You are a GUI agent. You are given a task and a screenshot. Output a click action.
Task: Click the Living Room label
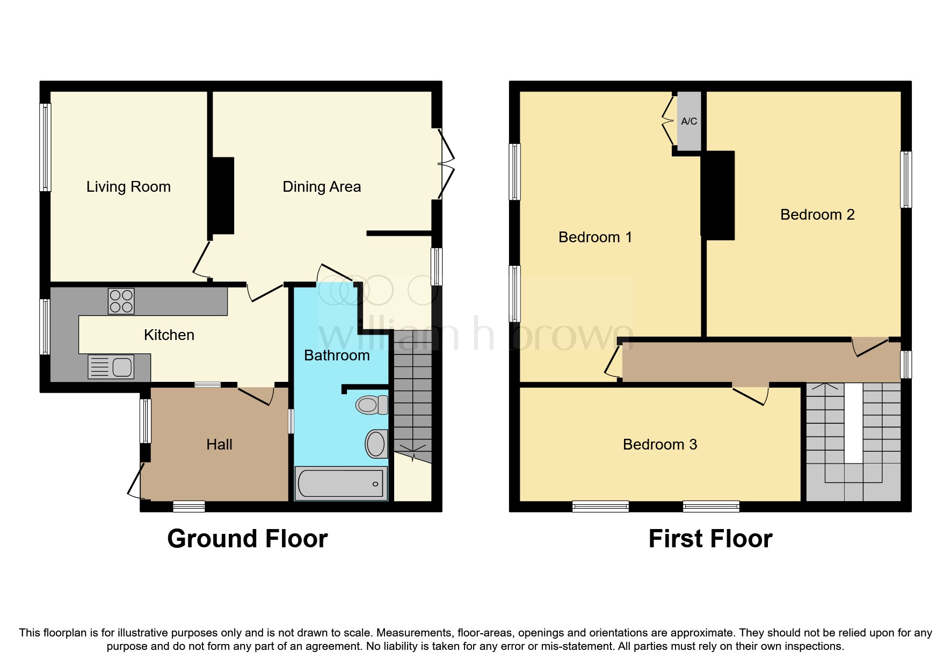(x=128, y=187)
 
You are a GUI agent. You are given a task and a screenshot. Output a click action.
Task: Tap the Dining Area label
(x=322, y=187)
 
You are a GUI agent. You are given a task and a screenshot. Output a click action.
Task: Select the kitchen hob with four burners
(x=121, y=301)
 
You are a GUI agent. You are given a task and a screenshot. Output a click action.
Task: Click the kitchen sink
(x=112, y=367)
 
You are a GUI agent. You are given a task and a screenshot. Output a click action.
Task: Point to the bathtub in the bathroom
(x=341, y=483)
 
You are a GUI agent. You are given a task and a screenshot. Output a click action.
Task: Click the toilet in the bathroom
(x=372, y=404)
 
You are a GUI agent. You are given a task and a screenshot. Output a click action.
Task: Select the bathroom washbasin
(x=376, y=444)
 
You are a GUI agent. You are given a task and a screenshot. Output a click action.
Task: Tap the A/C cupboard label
(x=689, y=121)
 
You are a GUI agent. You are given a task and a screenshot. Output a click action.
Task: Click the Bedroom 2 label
(x=817, y=215)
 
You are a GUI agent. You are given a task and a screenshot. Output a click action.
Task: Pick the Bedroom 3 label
(x=659, y=445)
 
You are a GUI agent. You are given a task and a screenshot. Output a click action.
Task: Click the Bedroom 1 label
(x=595, y=237)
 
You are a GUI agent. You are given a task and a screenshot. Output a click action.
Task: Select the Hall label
(x=219, y=445)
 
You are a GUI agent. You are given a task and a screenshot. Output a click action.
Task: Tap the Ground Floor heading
(x=247, y=539)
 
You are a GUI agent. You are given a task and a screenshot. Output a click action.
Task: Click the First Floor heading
(x=710, y=539)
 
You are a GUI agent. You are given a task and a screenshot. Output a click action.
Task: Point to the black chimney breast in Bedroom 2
(x=718, y=195)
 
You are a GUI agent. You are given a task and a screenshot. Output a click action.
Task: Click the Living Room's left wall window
(x=46, y=147)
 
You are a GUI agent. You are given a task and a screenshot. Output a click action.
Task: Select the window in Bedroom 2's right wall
(x=906, y=179)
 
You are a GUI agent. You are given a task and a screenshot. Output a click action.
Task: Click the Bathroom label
(x=337, y=356)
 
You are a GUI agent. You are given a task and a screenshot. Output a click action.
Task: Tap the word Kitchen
(x=169, y=335)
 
